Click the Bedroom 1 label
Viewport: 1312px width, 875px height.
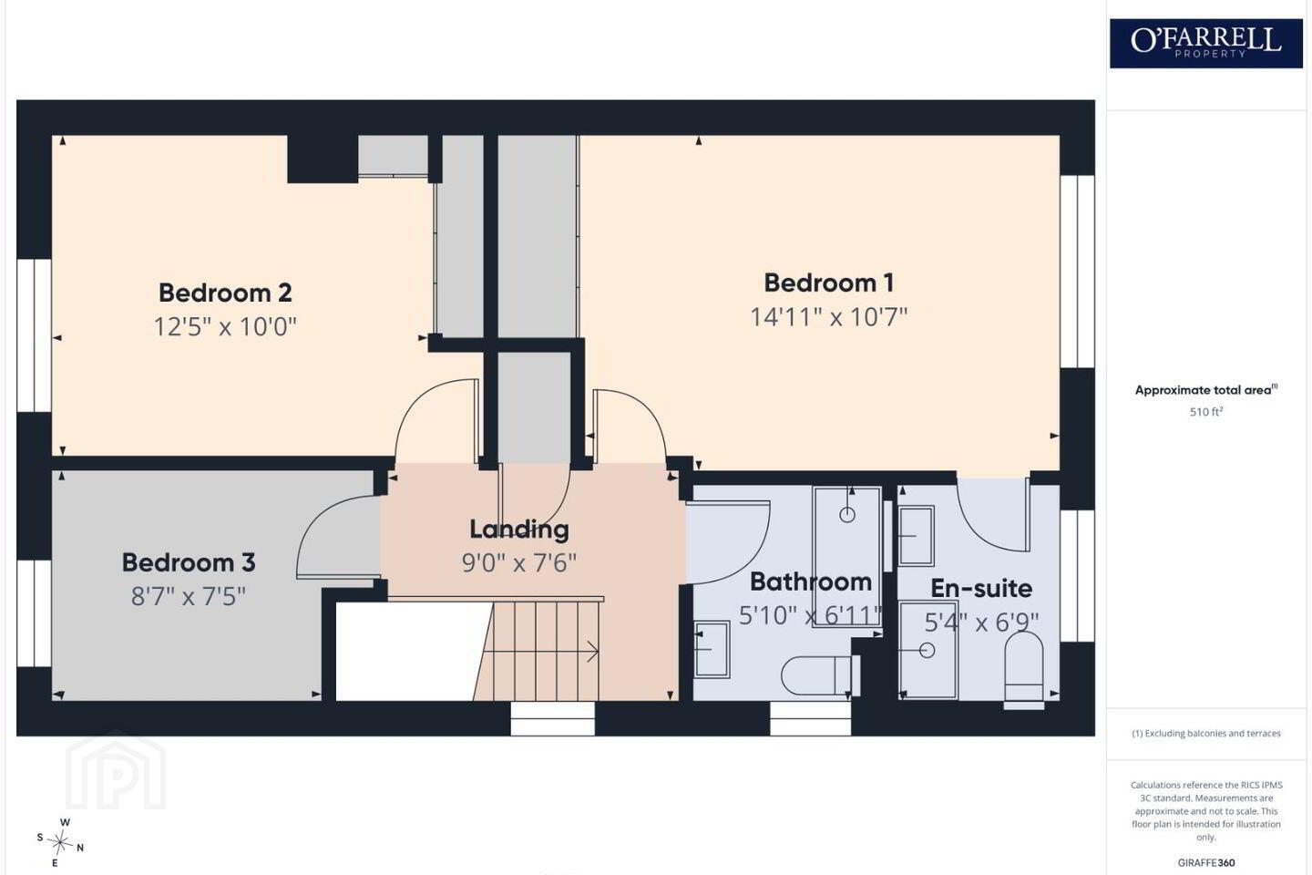pos(829,283)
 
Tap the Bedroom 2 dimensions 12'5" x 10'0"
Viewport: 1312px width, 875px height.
pos(226,326)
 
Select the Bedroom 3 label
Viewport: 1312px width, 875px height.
pos(189,562)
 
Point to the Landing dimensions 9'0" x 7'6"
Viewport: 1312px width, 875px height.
pos(519,563)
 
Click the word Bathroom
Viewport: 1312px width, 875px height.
pos(811,582)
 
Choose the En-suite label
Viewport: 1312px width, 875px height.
pos(981,589)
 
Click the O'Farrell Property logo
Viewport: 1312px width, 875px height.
pos(1206,44)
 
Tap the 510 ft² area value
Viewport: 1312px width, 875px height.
pos(1206,412)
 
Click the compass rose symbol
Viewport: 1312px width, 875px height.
pos(60,843)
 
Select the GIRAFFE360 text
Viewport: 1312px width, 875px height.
pos(1206,862)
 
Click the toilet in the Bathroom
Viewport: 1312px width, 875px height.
pos(820,675)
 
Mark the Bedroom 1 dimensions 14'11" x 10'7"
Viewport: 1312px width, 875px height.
pos(829,317)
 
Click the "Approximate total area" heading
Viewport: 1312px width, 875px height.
pos(1206,390)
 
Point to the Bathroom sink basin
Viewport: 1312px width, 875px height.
pos(712,649)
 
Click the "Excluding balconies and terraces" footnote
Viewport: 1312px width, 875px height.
pos(1206,733)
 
